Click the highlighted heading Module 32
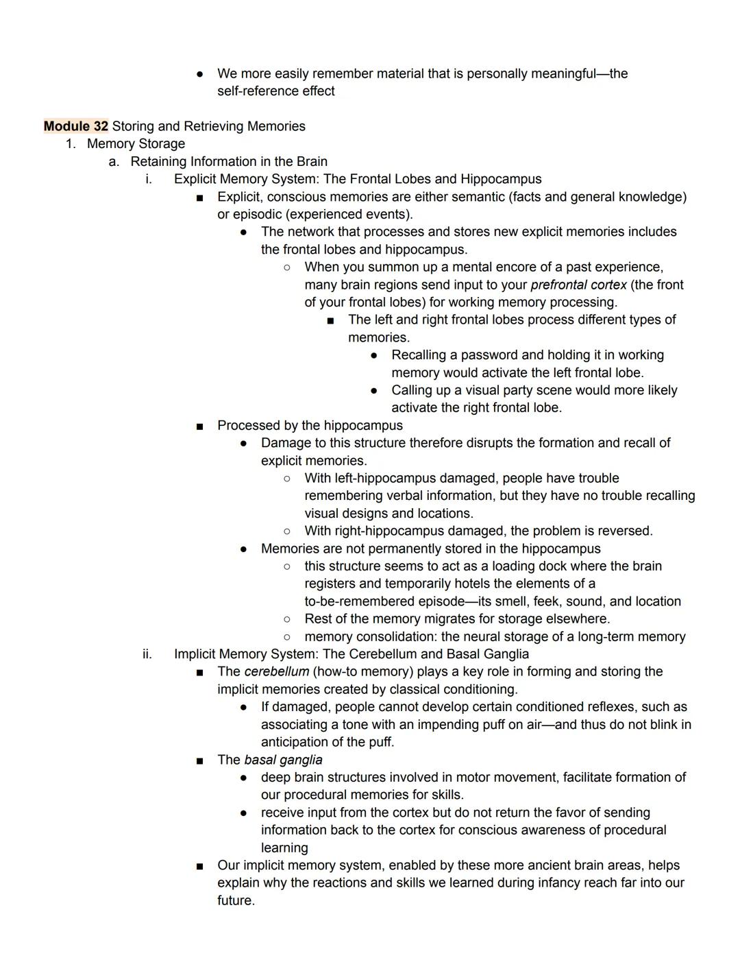pyautogui.click(x=76, y=126)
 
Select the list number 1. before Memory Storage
pyautogui.click(x=70, y=144)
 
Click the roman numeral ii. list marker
pyautogui.click(x=147, y=654)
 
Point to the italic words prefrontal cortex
pyautogui.click(x=578, y=285)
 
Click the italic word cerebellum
pyautogui.click(x=276, y=671)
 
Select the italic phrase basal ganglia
pyautogui.click(x=283, y=760)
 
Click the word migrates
pyautogui.click(x=447, y=619)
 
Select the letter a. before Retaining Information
pyautogui.click(x=114, y=162)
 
